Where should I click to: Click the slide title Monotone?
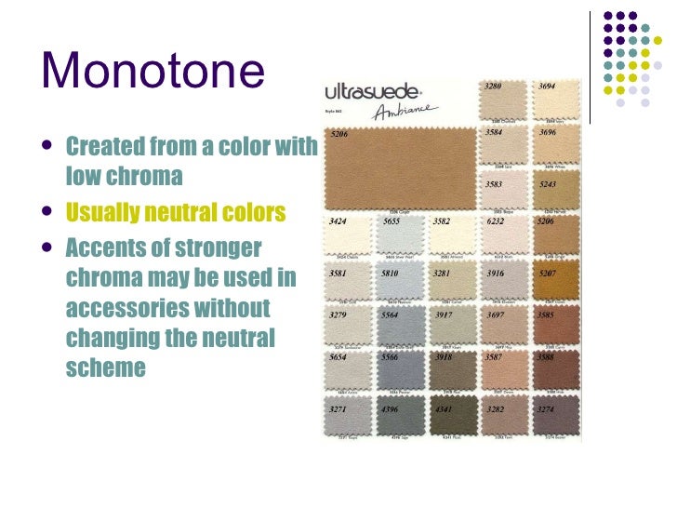153,74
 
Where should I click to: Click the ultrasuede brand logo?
373,92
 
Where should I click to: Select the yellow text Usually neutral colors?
176,213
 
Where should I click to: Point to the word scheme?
106,367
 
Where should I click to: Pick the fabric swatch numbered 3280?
503,103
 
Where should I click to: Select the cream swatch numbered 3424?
349,240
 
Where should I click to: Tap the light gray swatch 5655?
401,240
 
